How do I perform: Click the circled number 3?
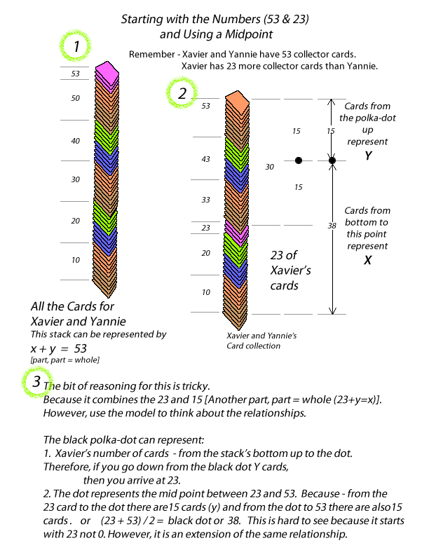tap(36, 383)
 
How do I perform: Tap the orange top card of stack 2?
tap(238, 101)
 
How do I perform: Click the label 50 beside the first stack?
tap(76, 99)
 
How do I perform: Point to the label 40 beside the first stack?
tap(76, 141)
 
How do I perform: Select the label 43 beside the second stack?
tap(206, 159)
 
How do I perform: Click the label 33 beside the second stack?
tap(206, 200)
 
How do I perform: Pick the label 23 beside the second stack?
tap(206, 228)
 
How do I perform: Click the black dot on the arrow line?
tap(332, 160)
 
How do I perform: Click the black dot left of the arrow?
tap(299, 160)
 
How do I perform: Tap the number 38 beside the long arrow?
tap(331, 226)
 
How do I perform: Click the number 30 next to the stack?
tap(270, 167)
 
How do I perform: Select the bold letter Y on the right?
tap(368, 156)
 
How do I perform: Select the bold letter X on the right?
tap(368, 259)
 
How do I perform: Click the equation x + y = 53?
tap(58, 348)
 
